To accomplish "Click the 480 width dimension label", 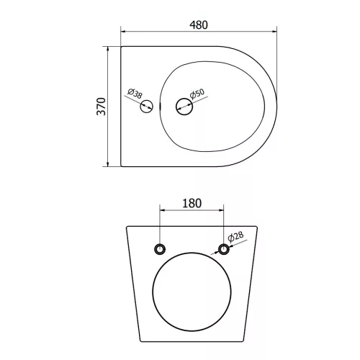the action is coord(199,25).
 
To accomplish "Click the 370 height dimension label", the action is coord(102,107).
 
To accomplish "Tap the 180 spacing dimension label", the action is coord(192,203).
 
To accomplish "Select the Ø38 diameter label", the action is coord(135,94).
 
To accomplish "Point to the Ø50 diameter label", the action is coord(197,94).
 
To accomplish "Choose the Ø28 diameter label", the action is coord(235,237).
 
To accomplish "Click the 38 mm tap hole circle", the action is coord(146,107).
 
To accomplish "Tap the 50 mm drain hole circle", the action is coord(184,107).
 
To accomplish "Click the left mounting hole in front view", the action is coord(160,249).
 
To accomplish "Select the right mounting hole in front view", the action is coord(224,249).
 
